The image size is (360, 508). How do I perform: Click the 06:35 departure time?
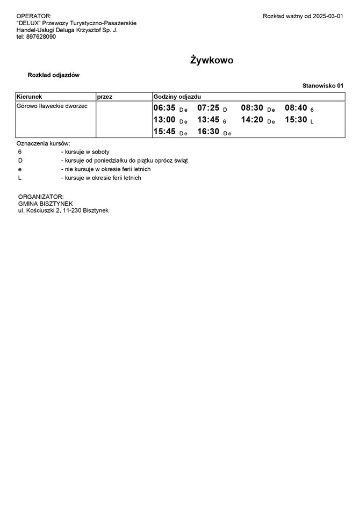pyautogui.click(x=164, y=108)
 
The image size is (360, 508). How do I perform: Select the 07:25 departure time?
pyautogui.click(x=208, y=108)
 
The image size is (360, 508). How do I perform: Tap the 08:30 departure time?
pyautogui.click(x=252, y=108)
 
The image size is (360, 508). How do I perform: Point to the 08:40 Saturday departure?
pyautogui.click(x=296, y=108)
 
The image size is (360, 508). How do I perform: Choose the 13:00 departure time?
pyautogui.click(x=164, y=120)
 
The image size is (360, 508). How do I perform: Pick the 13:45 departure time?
pyautogui.click(x=208, y=120)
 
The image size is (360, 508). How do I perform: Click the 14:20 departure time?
pyautogui.click(x=252, y=120)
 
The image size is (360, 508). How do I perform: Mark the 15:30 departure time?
pyautogui.click(x=296, y=120)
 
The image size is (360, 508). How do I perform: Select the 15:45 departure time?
pyautogui.click(x=164, y=132)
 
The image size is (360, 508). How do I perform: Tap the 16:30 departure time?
pyautogui.click(x=208, y=132)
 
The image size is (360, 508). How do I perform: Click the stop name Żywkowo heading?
pyautogui.click(x=212, y=60)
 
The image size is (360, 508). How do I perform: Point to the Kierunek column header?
pyautogui.click(x=30, y=96)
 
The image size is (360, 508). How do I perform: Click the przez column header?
pyautogui.click(x=104, y=96)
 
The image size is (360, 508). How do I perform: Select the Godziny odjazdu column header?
pyautogui.click(x=177, y=96)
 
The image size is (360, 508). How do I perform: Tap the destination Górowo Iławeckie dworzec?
pyautogui.click(x=52, y=106)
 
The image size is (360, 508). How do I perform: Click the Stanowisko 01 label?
pyautogui.click(x=322, y=85)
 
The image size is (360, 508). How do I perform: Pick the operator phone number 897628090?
pyautogui.click(x=41, y=37)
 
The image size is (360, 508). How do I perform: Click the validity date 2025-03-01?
pyautogui.click(x=327, y=17)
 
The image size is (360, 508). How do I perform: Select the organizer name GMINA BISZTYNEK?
pyautogui.click(x=49, y=204)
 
